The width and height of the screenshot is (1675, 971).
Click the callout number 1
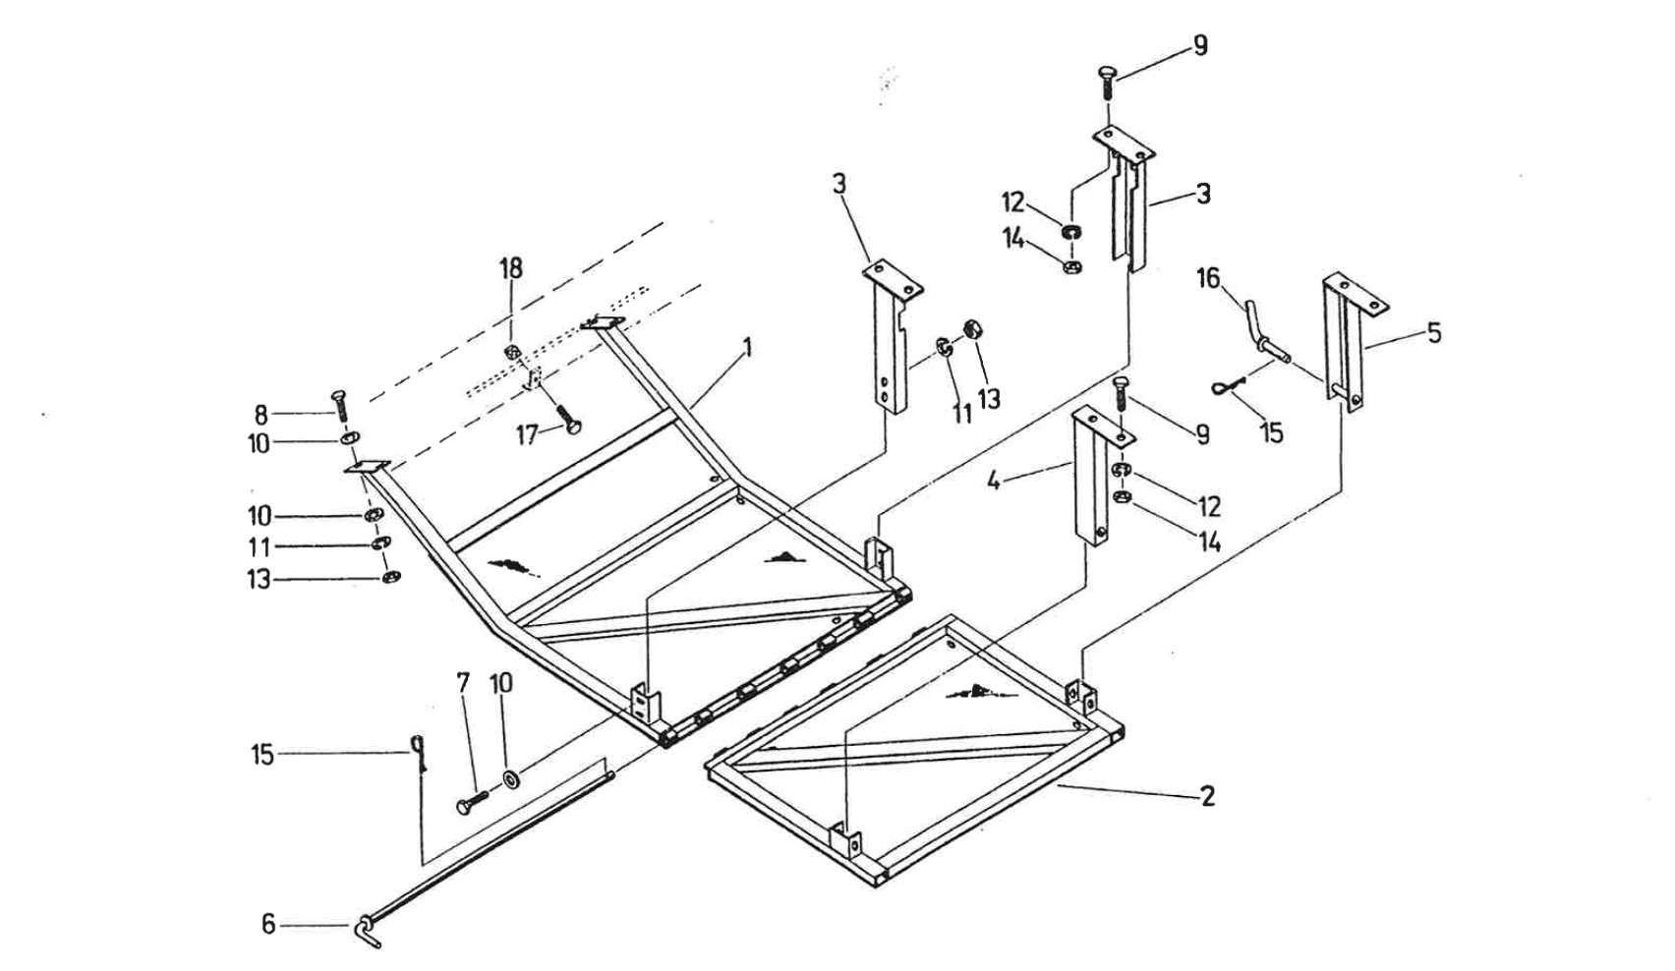coord(747,347)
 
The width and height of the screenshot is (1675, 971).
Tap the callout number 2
coord(1208,795)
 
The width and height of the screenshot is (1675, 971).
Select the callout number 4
coord(995,482)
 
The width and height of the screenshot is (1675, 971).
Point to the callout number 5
coord(1434,333)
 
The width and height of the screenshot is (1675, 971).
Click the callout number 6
coord(268,924)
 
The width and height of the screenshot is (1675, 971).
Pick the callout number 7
coord(463,681)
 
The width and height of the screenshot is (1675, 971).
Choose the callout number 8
coord(261,414)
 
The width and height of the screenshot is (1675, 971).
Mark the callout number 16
coord(1208,279)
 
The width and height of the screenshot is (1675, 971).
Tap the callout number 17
coord(528,433)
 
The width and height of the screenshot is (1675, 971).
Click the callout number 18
coord(511,267)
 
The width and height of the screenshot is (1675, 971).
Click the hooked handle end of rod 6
coord(365,930)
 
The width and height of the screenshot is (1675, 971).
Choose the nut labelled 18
coord(511,353)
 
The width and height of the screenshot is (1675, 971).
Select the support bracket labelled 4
coord(1089,477)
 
